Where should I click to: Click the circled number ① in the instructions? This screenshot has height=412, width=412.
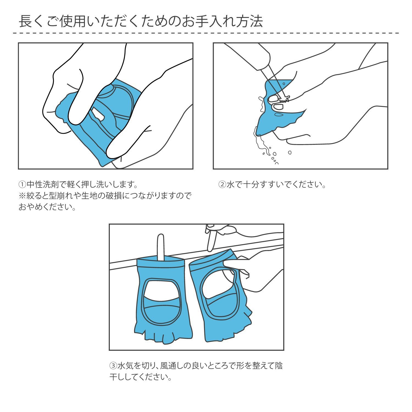tap(22, 184)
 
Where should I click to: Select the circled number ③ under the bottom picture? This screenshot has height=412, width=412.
tap(113, 366)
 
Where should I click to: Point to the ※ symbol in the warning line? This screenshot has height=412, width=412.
tap(22, 196)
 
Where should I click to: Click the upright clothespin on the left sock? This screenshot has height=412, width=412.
tap(161, 247)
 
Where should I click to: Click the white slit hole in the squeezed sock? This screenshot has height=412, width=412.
tap(98, 115)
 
